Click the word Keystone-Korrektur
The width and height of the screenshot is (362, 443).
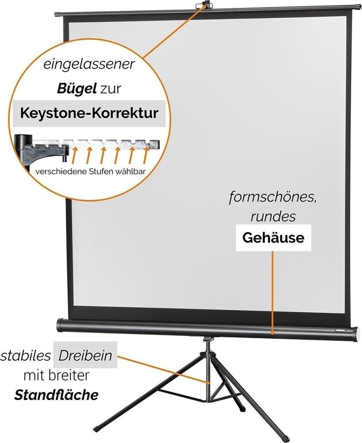pyautogui.click(x=89, y=113)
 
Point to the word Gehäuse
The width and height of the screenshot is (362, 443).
pyautogui.click(x=273, y=238)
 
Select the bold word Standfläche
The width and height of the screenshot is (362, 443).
pyautogui.click(x=56, y=395)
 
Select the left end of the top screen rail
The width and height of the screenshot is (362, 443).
pyautogui.click(x=57, y=14)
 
